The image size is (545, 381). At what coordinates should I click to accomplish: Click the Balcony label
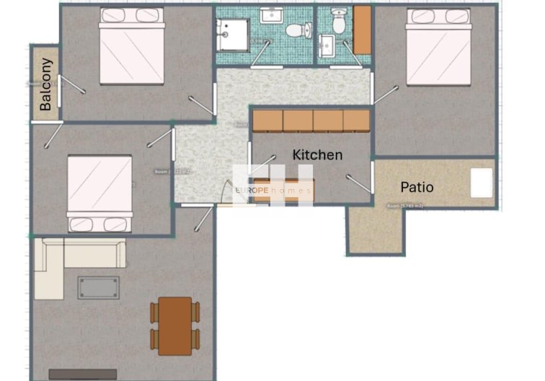(45, 84)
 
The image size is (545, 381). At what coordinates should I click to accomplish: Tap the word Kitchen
(317, 155)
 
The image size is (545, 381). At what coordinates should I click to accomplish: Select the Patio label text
(417, 187)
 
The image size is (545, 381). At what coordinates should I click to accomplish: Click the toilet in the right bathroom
(337, 24)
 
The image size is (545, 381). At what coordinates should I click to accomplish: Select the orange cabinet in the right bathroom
(361, 30)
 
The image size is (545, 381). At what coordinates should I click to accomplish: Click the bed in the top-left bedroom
(132, 47)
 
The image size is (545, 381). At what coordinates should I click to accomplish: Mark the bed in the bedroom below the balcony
(100, 192)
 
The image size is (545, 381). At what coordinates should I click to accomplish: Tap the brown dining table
(175, 325)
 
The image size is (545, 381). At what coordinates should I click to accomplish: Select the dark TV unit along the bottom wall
(82, 375)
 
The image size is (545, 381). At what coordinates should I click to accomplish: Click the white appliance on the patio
(482, 183)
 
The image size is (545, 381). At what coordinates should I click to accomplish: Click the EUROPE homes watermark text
(274, 190)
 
